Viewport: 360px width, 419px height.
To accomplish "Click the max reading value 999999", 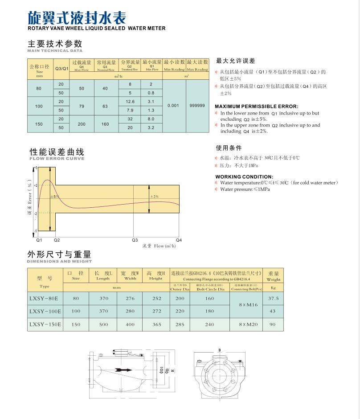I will point(197,106).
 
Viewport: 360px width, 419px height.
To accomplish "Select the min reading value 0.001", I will point(173,106).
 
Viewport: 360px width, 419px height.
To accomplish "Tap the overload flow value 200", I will point(82,124).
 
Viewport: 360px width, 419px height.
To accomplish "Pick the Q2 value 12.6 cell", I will point(130,102).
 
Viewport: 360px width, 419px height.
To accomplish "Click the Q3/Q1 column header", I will point(62,68).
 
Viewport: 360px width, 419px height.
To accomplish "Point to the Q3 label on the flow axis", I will point(135,240).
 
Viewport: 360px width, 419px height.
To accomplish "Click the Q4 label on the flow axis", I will point(179,240).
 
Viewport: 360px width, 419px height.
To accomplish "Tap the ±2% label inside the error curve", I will point(154,197).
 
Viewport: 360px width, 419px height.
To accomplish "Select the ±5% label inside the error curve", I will point(54,197).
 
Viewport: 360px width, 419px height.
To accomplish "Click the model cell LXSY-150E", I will point(45,325).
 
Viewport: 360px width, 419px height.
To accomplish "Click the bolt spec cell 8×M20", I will point(246,325).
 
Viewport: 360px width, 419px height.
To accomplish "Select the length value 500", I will point(103,325).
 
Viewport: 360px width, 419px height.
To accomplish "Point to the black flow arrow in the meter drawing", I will point(124,370).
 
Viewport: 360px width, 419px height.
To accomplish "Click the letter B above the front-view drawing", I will point(219,350).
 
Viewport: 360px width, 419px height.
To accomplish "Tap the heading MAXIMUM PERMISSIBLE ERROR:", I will point(256,107).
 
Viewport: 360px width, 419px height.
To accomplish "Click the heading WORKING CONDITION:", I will point(244,177).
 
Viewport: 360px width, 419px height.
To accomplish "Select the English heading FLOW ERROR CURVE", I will point(57,158).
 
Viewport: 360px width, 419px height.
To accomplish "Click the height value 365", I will point(156,325).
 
